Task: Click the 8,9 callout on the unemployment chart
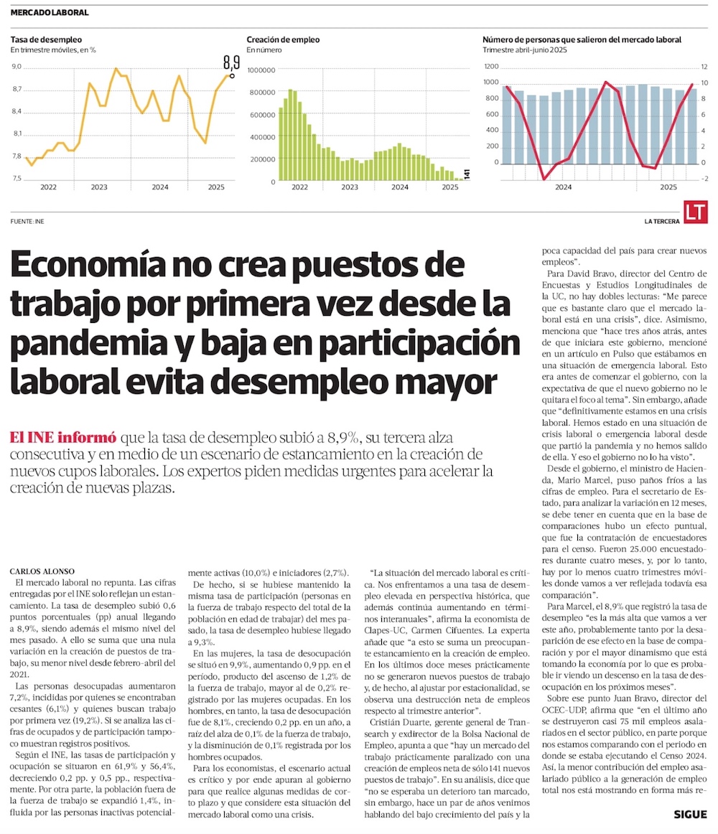tap(230, 62)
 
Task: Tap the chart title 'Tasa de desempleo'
tap(46, 39)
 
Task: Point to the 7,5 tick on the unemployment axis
tap(17, 178)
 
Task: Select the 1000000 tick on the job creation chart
tap(261, 70)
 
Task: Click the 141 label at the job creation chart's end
tap(466, 174)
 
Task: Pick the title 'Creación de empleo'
tap(283, 39)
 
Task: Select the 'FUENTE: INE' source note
tap(27, 221)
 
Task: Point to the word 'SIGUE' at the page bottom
tap(690, 814)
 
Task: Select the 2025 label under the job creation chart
tap(449, 187)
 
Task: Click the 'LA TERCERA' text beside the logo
tap(661, 221)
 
